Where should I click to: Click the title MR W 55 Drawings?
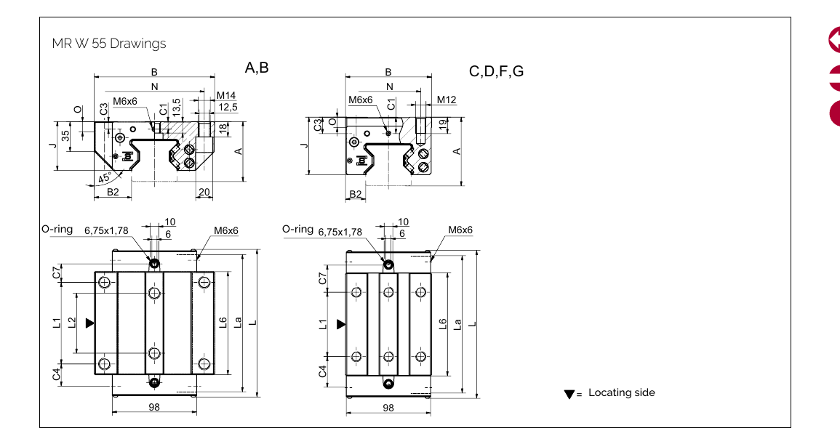point(109,44)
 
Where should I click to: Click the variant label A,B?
point(257,68)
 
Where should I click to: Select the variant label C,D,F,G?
point(496,71)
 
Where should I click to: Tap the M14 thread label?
point(226,96)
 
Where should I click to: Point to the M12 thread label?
point(447,100)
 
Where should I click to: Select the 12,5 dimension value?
point(228,108)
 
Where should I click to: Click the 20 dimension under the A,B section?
point(204,192)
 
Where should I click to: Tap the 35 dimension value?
point(66,137)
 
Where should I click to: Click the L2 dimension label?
point(71,323)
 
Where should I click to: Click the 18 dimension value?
point(223,128)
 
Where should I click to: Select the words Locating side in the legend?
point(621,392)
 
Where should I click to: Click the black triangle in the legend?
point(569,395)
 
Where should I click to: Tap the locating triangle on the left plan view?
point(89,323)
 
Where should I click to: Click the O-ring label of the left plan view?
point(57,229)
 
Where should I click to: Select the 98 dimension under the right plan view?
point(388,408)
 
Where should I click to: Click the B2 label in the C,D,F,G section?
point(356,194)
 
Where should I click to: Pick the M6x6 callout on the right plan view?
point(460,230)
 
